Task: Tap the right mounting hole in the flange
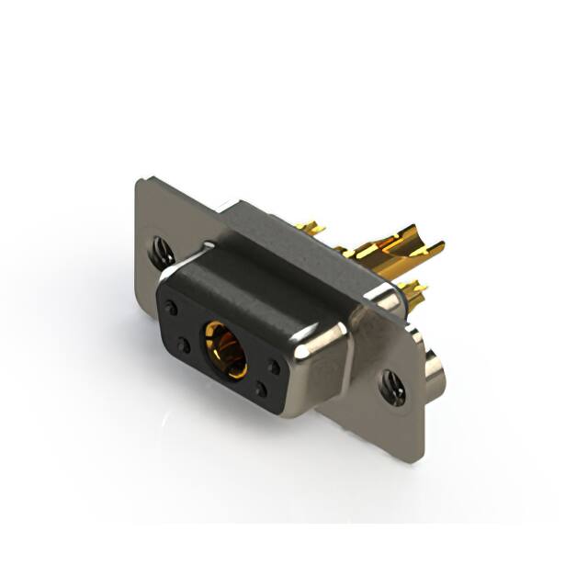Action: coord(394,386)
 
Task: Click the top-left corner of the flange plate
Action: coord(140,182)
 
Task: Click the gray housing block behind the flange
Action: coord(276,230)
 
